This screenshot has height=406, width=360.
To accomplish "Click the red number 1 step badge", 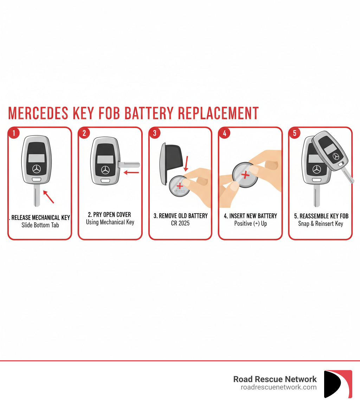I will point(13,133).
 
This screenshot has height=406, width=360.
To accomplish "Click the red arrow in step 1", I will point(49,197).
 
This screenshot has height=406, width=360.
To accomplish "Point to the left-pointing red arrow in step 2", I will point(132,172).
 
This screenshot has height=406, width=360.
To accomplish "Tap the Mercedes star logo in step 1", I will point(37,169).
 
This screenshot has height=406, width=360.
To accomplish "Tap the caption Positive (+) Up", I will point(250,223).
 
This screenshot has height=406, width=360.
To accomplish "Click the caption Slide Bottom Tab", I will point(40,225).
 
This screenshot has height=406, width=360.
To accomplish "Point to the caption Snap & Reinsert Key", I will point(321,223).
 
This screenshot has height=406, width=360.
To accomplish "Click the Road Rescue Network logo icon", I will point(337,384).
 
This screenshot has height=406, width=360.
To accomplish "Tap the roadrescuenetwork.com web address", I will point(278,387).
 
